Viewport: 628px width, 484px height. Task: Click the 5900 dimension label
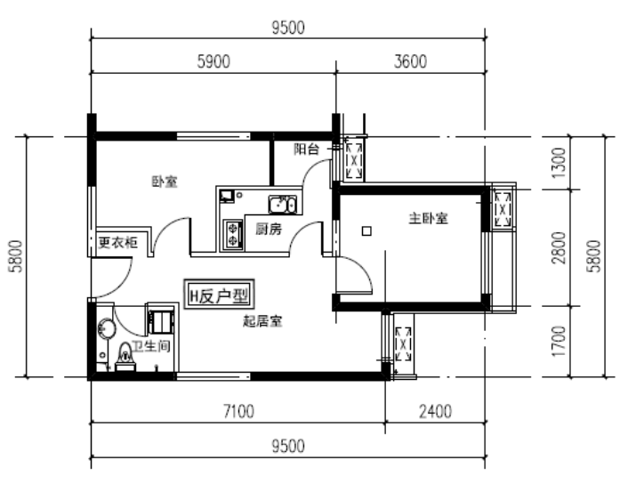213,61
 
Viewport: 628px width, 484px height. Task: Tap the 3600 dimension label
410,61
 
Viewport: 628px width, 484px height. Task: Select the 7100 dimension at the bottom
238,411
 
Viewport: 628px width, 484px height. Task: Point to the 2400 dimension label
435,411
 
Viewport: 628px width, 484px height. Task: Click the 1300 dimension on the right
559,163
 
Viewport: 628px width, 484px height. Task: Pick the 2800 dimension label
559,247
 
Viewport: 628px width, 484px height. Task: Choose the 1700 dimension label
559,341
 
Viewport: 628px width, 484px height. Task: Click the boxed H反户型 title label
219,294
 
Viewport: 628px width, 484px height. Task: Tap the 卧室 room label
165,181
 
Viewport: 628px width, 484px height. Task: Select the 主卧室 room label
428,218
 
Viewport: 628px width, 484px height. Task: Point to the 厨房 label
269,229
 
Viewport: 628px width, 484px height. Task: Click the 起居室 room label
262,321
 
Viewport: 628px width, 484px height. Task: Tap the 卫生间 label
151,346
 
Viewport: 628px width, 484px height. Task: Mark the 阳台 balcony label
306,149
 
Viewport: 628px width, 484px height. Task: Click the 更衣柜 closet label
117,242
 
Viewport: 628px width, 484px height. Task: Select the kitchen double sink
283,205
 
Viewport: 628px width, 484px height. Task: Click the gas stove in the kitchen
233,235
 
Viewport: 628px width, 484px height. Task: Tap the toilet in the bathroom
125,356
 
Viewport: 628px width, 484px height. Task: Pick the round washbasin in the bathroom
106,329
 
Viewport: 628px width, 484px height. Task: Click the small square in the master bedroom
366,230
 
